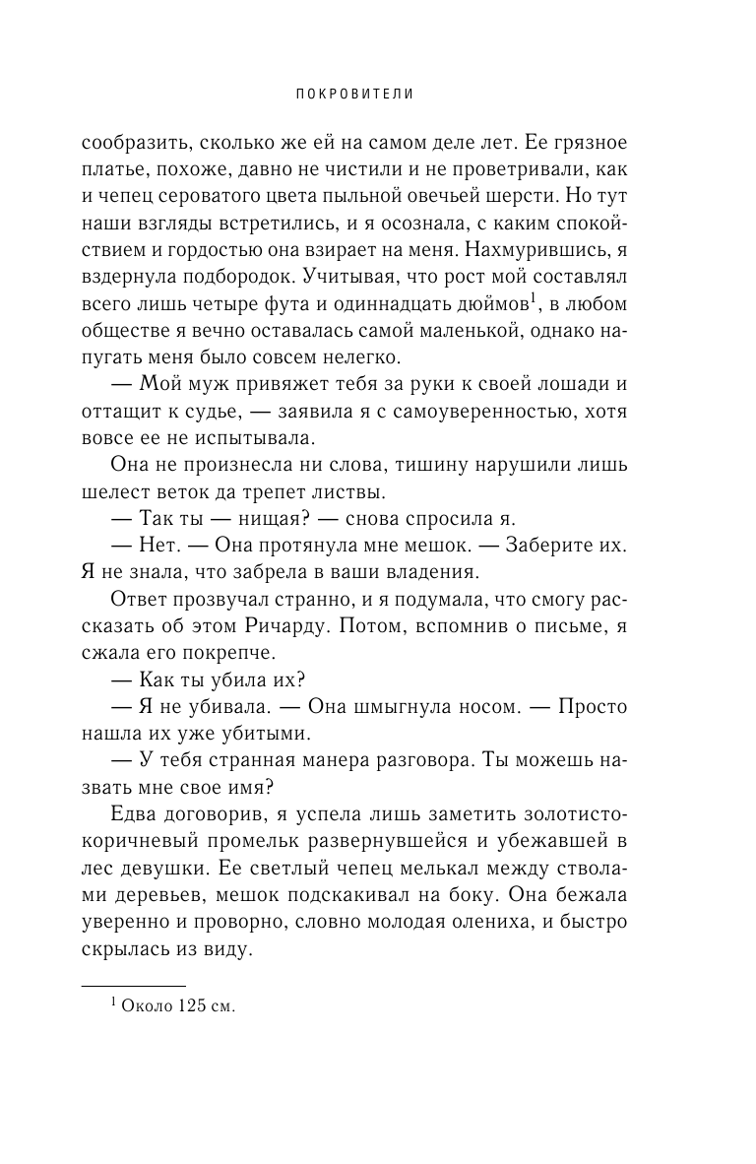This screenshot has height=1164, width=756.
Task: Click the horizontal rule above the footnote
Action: point(133,985)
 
